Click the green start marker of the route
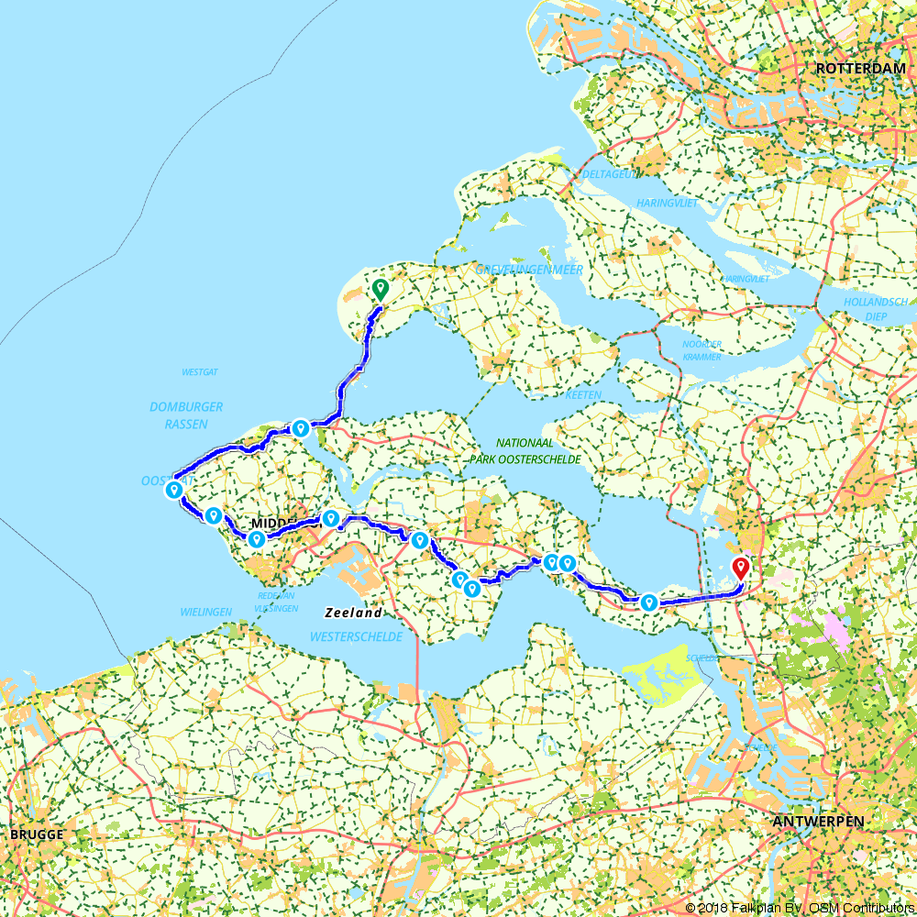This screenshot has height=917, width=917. click(x=380, y=289)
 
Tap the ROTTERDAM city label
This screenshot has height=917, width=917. click(x=860, y=69)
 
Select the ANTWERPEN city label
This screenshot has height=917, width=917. click(x=818, y=821)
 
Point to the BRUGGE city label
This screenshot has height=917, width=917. click(x=37, y=834)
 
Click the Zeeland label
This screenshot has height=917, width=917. click(x=352, y=613)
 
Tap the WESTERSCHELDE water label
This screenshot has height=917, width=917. click(x=357, y=635)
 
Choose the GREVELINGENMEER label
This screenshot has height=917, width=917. click(x=530, y=270)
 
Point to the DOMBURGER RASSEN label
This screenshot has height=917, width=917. click(x=186, y=415)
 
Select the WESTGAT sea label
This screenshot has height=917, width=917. click(x=197, y=373)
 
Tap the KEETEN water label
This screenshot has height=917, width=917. click(x=583, y=395)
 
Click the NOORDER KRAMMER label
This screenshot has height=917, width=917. click(x=702, y=349)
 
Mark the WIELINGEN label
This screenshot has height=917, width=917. click(x=206, y=610)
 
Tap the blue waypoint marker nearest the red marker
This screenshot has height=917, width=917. click(x=648, y=602)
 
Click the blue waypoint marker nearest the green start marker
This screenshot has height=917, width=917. click(x=300, y=427)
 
